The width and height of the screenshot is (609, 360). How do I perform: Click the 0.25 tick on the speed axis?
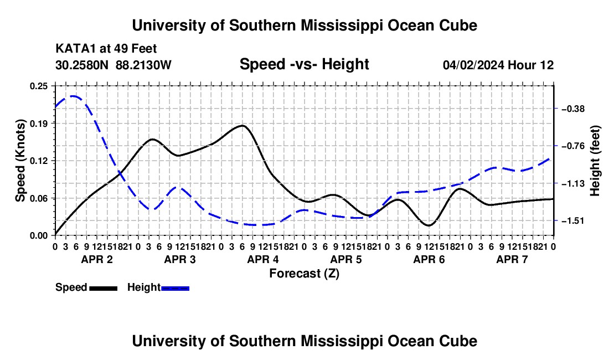[39, 86]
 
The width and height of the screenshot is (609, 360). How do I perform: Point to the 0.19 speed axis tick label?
[39, 124]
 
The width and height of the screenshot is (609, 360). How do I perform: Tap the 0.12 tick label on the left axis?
[39, 161]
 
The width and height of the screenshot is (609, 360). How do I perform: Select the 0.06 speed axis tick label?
[39, 198]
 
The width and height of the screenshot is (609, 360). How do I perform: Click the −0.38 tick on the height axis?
[573, 109]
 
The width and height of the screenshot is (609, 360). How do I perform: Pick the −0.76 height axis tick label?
[573, 146]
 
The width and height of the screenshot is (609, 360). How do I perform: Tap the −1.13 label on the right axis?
[573, 183]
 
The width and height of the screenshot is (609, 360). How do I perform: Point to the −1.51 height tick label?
[573, 221]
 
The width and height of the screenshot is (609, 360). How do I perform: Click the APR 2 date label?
[97, 259]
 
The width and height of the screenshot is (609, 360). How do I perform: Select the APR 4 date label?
[263, 259]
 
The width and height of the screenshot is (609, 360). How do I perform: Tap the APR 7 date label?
[512, 259]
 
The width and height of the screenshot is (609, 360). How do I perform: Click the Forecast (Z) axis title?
[304, 274]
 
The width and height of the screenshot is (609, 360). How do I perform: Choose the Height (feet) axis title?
[595, 161]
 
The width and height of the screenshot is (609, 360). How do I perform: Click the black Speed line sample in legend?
[104, 288]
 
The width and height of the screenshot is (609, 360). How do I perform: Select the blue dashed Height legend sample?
[175, 288]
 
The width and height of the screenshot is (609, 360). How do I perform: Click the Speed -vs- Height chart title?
[304, 64]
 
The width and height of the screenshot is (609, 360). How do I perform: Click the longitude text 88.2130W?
[143, 65]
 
